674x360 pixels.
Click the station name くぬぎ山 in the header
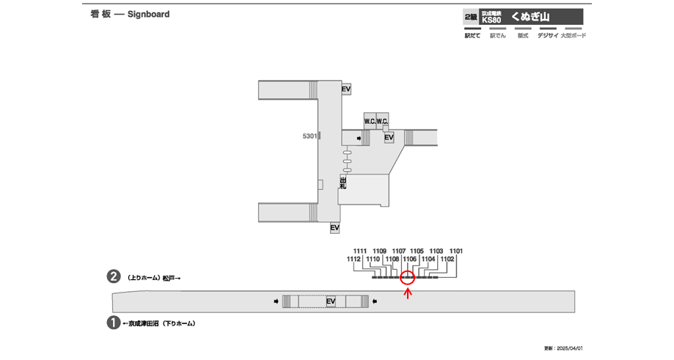pos(530,16)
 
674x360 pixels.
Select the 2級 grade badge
pos(469,16)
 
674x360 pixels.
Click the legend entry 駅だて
pos(472,35)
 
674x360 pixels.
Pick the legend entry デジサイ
pos(547,35)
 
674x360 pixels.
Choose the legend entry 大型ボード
pos(573,35)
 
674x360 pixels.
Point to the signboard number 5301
pos(309,136)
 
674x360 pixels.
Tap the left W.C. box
pos(370,120)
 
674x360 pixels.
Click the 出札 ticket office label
pos(343,183)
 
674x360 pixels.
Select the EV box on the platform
pos(331,301)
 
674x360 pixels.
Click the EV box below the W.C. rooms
pos(389,137)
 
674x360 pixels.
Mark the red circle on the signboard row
pos(408,277)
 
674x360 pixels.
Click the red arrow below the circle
pos(408,294)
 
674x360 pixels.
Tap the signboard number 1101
pos(456,251)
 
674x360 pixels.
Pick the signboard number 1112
pos(354,259)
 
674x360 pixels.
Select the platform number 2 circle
pos(114,277)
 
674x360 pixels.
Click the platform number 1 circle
pos(114,322)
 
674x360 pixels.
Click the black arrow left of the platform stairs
pos(276,301)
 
